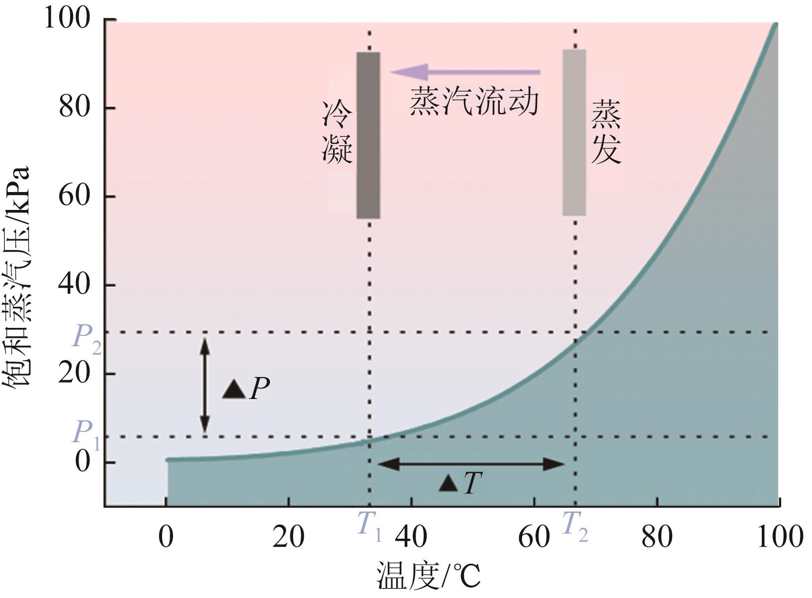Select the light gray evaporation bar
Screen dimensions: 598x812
click(574, 132)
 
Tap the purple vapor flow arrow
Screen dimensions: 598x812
click(464, 72)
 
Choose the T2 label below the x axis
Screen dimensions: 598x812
click(575, 525)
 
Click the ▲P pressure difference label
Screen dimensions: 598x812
click(246, 389)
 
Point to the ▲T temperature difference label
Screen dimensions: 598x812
click(460, 483)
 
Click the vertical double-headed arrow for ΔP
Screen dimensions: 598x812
click(204, 385)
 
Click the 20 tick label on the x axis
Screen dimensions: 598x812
click(288, 538)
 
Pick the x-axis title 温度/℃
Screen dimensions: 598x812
click(428, 577)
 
